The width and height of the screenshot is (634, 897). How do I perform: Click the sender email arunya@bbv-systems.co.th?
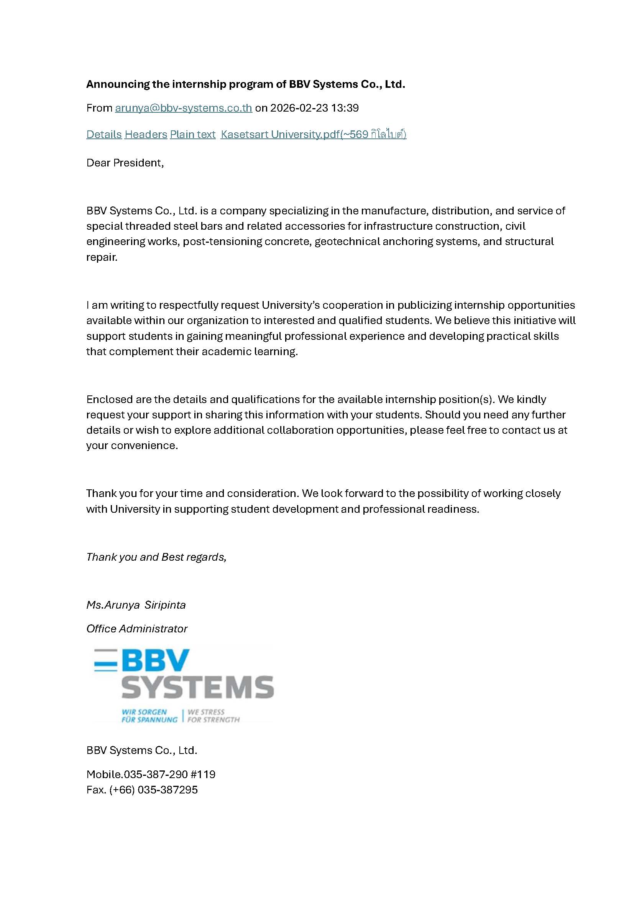coord(183,108)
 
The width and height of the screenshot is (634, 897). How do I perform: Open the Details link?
coord(104,135)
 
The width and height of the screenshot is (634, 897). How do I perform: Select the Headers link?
coord(146,135)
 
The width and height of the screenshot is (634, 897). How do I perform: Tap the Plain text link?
coord(192,135)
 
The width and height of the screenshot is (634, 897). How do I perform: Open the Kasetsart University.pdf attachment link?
coord(313,135)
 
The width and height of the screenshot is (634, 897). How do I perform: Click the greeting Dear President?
coord(125,163)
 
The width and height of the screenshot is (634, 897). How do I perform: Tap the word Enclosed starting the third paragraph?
coord(109,400)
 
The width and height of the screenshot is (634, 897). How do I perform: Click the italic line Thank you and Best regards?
coord(156,557)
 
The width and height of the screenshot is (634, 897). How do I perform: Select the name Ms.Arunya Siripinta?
coord(136,605)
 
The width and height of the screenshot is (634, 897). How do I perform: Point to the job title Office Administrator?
coord(136,629)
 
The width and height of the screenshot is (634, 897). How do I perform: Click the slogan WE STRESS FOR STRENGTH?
coord(213,716)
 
